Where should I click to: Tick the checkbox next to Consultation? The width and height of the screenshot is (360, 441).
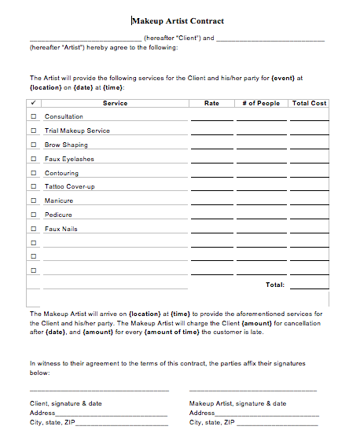(x=33, y=116)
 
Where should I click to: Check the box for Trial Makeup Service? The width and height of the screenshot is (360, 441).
(x=33, y=130)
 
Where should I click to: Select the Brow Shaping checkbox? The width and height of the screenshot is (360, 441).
(x=33, y=145)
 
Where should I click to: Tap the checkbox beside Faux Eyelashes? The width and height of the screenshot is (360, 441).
(x=33, y=159)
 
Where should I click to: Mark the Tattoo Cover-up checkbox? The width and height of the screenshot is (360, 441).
(x=33, y=187)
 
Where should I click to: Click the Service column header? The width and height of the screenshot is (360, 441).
(x=115, y=103)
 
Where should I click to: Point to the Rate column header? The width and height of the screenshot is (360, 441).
(x=211, y=103)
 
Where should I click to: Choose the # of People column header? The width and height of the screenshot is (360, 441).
(x=261, y=103)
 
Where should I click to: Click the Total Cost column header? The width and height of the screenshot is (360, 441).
(x=309, y=103)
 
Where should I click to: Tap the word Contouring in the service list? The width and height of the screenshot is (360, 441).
(x=61, y=173)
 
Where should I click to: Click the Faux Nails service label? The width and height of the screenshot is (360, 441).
(x=61, y=229)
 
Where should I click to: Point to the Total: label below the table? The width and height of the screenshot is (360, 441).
(x=275, y=285)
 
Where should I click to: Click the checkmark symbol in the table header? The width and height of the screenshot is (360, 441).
(x=33, y=103)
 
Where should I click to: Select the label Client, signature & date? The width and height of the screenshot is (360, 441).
(x=66, y=403)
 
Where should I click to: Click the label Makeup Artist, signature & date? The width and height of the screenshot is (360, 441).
(x=237, y=403)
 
